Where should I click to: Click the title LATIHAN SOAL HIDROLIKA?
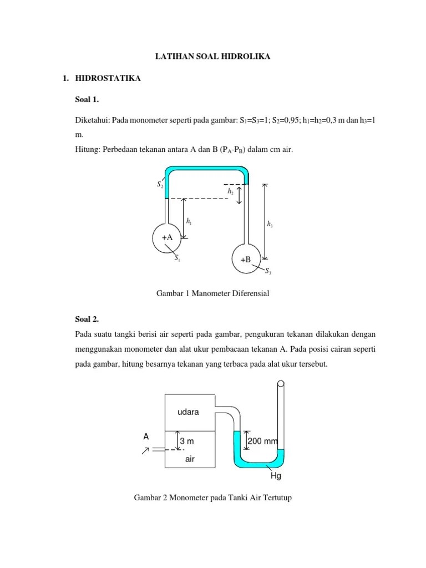pos(213,57)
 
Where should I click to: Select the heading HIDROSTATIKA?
pos(108,79)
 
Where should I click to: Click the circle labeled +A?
pos(167,237)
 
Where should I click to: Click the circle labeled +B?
pos(245,259)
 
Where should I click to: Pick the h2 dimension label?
pos(230,191)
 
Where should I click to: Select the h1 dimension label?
pos(190,222)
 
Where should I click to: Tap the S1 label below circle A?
pos(177,258)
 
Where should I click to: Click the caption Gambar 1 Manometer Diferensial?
pos(213,293)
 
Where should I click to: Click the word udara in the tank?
pos(188,412)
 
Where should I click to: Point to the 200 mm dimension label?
pos(262,441)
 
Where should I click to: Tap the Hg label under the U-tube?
pos(276,476)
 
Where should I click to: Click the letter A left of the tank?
pos(146,437)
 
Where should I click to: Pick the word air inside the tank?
pos(190,459)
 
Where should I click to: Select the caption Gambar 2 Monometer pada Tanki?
pos(213,498)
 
